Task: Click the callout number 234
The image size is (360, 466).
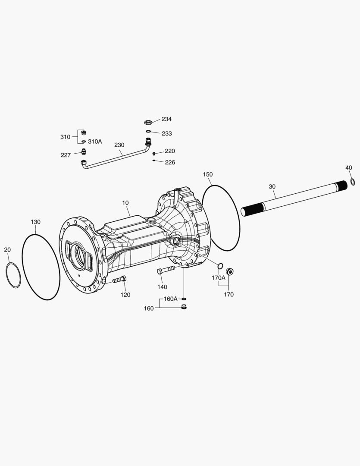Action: pos(166,119)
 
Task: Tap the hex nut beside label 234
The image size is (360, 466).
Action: pos(148,122)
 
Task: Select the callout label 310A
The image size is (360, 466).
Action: pos(95,142)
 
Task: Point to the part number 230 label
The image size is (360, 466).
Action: pos(119,145)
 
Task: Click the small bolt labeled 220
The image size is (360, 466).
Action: pos(154,153)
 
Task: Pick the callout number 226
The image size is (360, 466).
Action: pos(170,162)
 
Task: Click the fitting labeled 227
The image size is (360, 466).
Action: pos(84,151)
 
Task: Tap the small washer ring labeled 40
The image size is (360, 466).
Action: pos(353,182)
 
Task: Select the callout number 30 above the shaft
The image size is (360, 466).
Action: pos(272,187)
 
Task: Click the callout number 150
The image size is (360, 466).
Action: pos(208,174)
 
